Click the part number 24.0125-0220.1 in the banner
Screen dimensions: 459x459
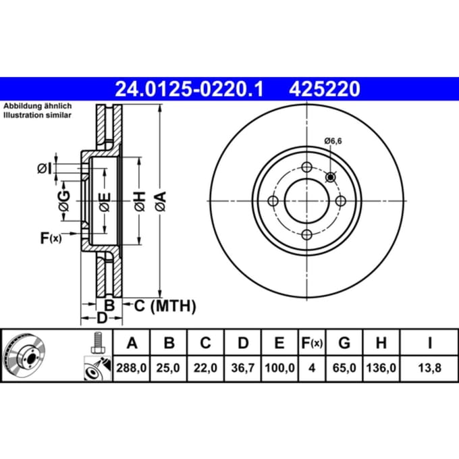tap(189, 89)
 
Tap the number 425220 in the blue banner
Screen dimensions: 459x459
tap(325, 89)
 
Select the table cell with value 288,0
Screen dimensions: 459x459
tap(132, 368)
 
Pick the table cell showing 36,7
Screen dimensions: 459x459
tap(243, 368)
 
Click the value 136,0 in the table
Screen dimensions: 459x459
tap(381, 368)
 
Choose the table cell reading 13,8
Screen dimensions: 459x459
tap(429, 368)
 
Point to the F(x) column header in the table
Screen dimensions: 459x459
tap(312, 342)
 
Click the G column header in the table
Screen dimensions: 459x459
tap(344, 342)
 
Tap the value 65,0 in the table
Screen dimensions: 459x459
tap(344, 368)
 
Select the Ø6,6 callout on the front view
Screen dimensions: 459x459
tap(333, 141)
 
